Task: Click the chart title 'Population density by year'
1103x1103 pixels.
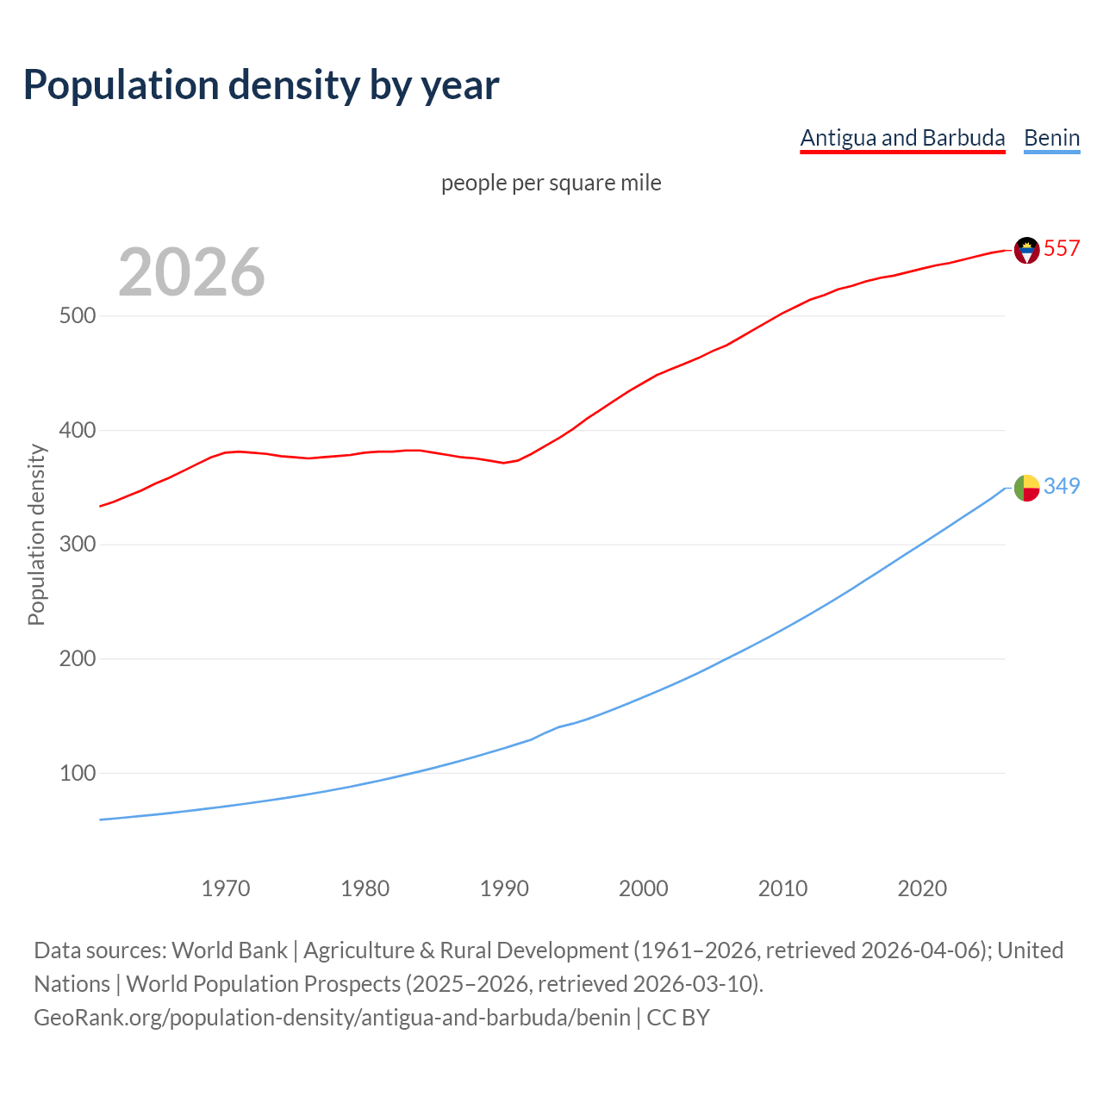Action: pyautogui.click(x=261, y=84)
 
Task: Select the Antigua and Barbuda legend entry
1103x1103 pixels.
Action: pyautogui.click(x=902, y=138)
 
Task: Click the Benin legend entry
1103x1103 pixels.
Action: pyautogui.click(x=1051, y=138)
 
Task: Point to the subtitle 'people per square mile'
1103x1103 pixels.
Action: pyautogui.click(x=551, y=183)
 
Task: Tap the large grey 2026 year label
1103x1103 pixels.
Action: pyautogui.click(x=191, y=272)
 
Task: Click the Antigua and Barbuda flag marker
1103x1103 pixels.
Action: pyautogui.click(x=1026, y=250)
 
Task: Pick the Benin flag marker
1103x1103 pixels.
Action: pyautogui.click(x=1026, y=488)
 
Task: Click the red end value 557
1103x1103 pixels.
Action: pyautogui.click(x=1062, y=248)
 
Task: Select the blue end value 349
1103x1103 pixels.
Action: pyautogui.click(x=1062, y=486)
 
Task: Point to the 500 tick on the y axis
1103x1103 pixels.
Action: pyautogui.click(x=78, y=315)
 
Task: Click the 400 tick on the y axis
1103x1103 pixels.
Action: pyautogui.click(x=78, y=430)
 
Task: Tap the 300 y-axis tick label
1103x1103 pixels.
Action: pyautogui.click(x=78, y=545)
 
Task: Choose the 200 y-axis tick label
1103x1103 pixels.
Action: pyautogui.click(x=78, y=658)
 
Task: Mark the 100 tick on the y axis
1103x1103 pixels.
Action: pyautogui.click(x=78, y=773)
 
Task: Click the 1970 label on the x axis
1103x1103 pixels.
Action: pyautogui.click(x=226, y=888)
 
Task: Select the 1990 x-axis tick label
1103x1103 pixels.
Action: pyautogui.click(x=504, y=888)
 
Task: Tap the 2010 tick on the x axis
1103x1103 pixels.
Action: pyautogui.click(x=782, y=888)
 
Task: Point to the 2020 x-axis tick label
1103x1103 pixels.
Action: pyautogui.click(x=922, y=888)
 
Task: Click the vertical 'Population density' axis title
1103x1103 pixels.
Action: pyautogui.click(x=36, y=534)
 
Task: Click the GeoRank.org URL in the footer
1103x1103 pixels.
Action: pyautogui.click(x=332, y=1018)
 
